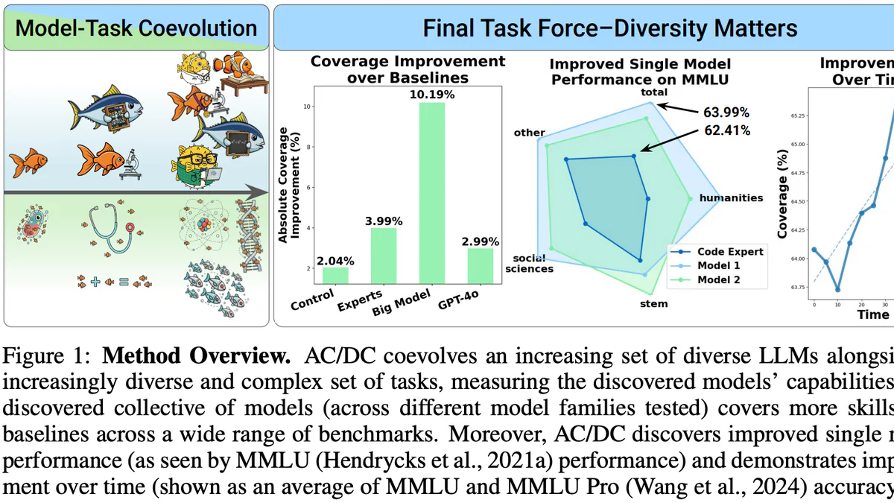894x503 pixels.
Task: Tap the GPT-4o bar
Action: (481, 265)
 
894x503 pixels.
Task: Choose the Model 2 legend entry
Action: (719, 280)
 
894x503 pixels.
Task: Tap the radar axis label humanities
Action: (730, 198)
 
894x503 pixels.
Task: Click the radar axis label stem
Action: (653, 303)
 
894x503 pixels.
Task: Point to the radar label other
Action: (530, 133)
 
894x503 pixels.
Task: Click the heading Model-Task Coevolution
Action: (136, 29)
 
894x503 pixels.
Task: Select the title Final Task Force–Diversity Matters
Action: (609, 29)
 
